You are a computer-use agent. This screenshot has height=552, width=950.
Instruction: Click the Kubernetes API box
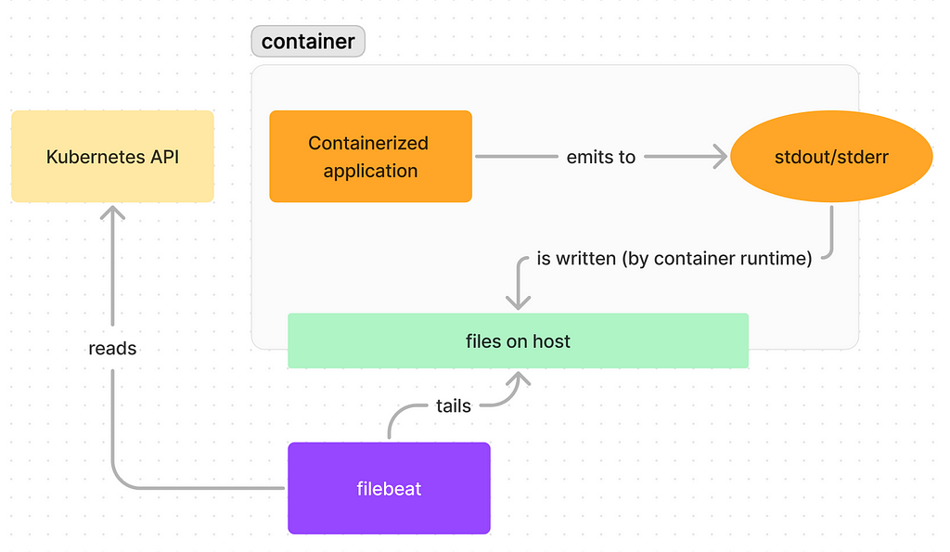coord(112,157)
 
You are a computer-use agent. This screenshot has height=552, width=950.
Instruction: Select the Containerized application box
coord(371,157)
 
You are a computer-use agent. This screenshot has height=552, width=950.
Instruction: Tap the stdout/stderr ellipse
coord(831,157)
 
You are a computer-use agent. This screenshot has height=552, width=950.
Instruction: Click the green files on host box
coord(518,340)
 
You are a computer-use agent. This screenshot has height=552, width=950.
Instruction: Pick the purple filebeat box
coord(389,488)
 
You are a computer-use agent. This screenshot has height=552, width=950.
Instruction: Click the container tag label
coord(308,41)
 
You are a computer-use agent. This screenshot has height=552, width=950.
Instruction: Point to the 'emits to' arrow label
coord(601,157)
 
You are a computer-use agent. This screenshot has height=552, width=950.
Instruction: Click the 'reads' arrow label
coord(112,349)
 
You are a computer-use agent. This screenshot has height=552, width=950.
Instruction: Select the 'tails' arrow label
coord(453,405)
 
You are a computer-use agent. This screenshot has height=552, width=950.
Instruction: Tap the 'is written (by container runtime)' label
coord(674,259)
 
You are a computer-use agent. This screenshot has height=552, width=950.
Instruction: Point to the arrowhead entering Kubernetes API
coord(112,212)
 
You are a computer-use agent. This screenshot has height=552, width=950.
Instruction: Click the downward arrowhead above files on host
coord(518,302)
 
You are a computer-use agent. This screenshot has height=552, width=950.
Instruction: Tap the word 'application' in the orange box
coord(371,172)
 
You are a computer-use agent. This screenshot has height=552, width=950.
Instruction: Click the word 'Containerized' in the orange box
coord(368,143)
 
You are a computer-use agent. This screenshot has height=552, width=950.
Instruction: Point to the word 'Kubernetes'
coord(96,157)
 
